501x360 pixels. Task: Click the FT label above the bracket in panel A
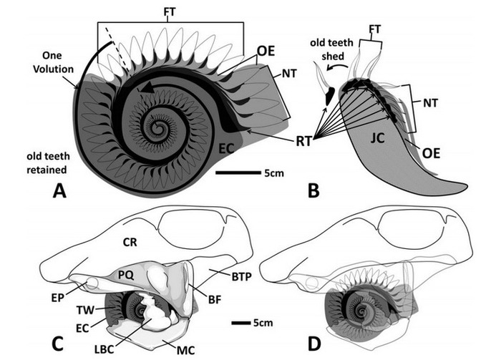coord(170,12)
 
